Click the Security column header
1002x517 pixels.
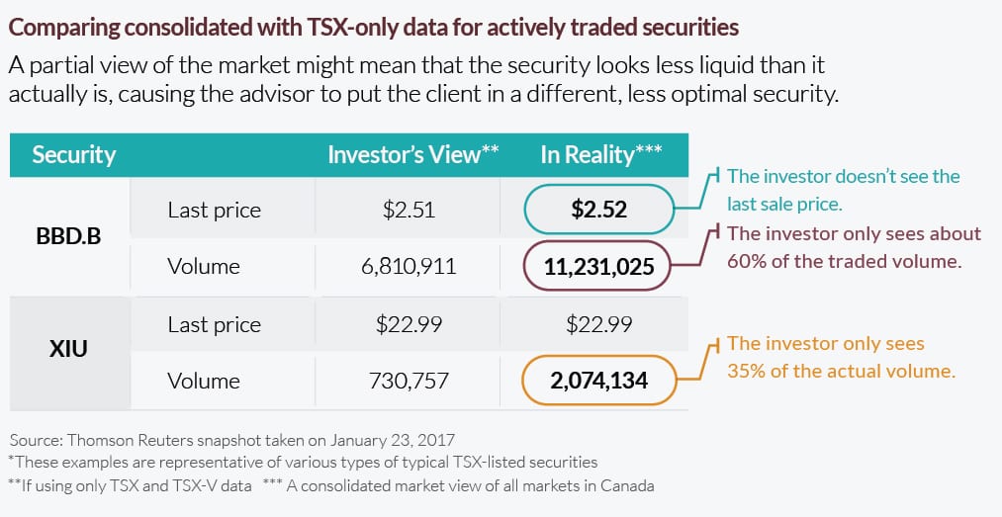coord(74,155)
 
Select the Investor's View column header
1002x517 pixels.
coord(412,154)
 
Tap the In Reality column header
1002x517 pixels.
coord(600,154)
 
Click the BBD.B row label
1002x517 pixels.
coord(68,237)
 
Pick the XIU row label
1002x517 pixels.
coord(68,349)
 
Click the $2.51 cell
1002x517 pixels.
coord(409,210)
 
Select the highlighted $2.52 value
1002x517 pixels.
coord(598,210)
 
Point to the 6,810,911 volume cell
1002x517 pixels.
coord(409,266)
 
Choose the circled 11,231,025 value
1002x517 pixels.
coord(598,266)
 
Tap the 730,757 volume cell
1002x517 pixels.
coord(409,381)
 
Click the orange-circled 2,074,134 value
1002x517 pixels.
coord(598,381)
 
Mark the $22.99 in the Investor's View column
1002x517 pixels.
coord(409,324)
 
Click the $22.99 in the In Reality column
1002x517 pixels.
coord(598,324)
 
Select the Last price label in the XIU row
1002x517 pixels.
coord(214,324)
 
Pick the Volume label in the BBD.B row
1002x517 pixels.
coord(204,266)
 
